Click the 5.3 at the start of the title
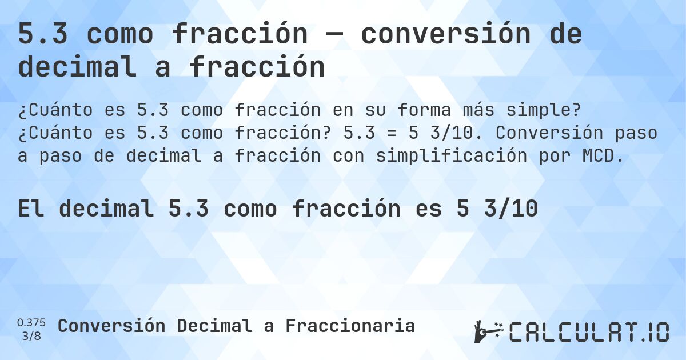point(43,35)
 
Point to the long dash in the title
point(334,35)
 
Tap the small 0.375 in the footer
point(31,323)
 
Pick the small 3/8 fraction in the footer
point(31,335)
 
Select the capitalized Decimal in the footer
point(215,326)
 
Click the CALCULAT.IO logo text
point(589,332)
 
